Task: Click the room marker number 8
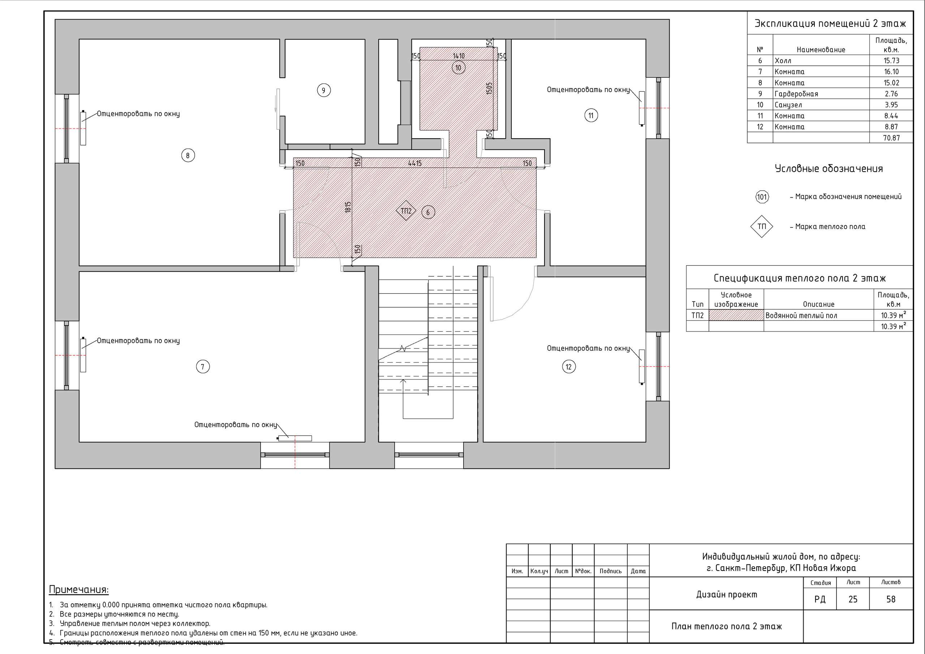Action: pyautogui.click(x=188, y=155)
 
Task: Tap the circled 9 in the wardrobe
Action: pyautogui.click(x=323, y=90)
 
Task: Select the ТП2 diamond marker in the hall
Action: pyautogui.click(x=406, y=211)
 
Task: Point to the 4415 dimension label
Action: pyautogui.click(x=414, y=163)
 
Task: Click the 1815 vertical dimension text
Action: pyautogui.click(x=348, y=207)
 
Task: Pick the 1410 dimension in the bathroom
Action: pyautogui.click(x=459, y=56)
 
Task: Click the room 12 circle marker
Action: pyautogui.click(x=568, y=367)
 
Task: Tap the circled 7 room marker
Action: pyautogui.click(x=203, y=367)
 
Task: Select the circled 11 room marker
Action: pyautogui.click(x=591, y=116)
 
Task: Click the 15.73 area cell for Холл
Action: pyautogui.click(x=891, y=60)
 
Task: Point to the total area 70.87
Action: pyautogui.click(x=891, y=138)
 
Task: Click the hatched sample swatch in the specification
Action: pyautogui.click(x=736, y=315)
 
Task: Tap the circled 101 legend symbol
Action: pyautogui.click(x=762, y=197)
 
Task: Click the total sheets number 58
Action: pyautogui.click(x=891, y=599)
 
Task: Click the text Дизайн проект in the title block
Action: pyautogui.click(x=726, y=594)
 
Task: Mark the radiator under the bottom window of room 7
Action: pyautogui.click(x=295, y=438)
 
